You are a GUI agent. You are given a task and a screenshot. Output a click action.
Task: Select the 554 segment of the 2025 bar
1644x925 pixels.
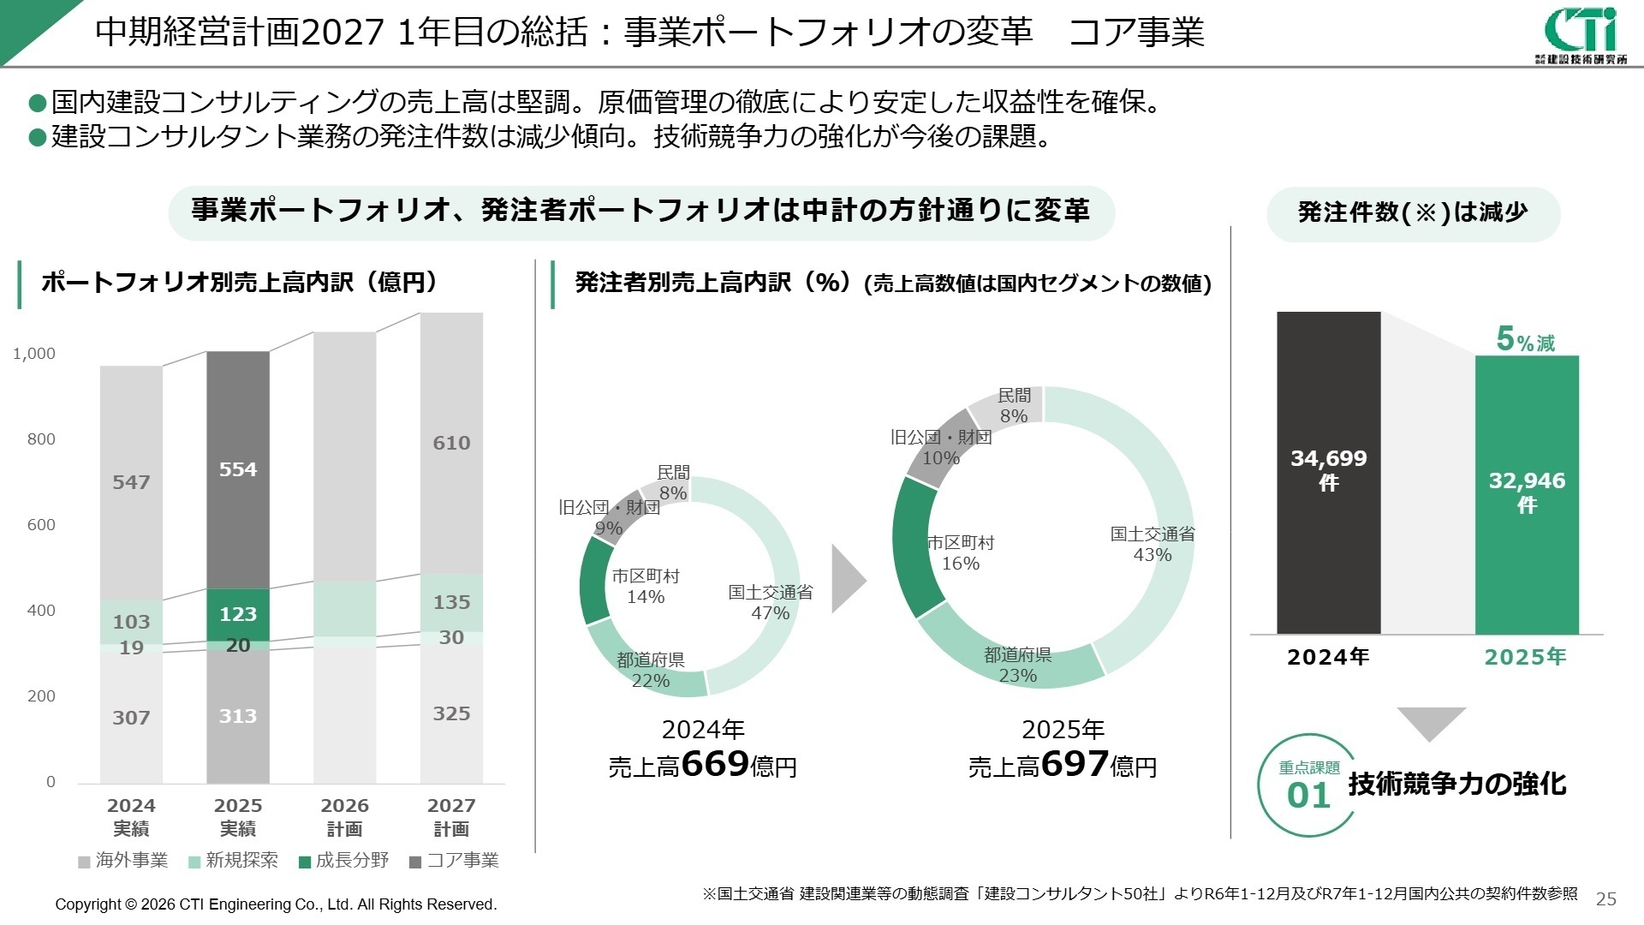237,469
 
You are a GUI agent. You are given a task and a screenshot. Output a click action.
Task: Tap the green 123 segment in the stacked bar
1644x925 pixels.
237,614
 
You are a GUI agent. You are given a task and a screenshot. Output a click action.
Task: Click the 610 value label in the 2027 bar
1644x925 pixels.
451,443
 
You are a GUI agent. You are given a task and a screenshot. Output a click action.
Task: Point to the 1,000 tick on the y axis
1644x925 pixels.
34,354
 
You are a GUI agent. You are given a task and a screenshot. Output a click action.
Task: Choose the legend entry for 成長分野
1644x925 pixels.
343,860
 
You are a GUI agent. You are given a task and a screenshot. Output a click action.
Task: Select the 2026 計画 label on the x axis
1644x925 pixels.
344,817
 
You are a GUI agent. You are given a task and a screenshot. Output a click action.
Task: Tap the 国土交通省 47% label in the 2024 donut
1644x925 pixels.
770,602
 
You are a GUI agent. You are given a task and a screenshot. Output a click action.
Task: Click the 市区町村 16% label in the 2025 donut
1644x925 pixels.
960,553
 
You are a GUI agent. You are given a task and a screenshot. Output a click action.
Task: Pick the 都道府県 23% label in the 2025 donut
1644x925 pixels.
1017,665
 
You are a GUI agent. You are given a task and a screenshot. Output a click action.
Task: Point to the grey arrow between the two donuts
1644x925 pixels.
847,580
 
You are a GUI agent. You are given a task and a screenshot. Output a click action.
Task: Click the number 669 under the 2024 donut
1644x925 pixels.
715,763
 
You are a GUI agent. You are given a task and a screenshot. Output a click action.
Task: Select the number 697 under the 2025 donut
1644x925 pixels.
1075,763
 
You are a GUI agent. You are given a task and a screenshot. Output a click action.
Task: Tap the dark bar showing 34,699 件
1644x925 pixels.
1328,472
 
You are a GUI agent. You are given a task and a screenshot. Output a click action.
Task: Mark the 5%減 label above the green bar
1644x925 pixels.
1525,340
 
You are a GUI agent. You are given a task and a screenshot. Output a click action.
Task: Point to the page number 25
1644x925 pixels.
1606,898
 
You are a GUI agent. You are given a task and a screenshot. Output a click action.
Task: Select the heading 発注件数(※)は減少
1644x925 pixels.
1413,212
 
